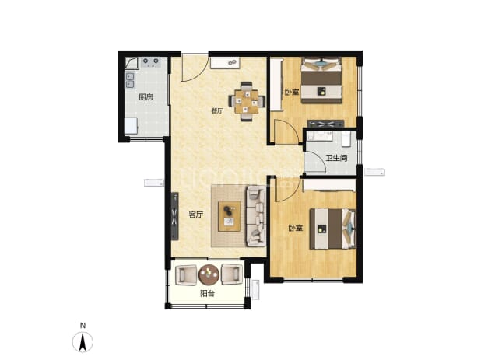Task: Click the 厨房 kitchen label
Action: tap(146, 97)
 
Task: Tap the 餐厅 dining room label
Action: tap(217, 110)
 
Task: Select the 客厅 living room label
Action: tap(195, 215)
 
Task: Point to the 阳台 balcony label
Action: tap(207, 293)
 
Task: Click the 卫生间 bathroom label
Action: tap(336, 158)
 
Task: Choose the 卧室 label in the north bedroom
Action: tap(292, 92)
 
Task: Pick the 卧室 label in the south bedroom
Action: tap(296, 228)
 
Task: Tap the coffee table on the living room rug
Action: tap(229, 216)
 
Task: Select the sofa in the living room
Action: tap(255, 216)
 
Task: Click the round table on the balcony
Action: tap(209, 274)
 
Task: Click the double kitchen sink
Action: tap(130, 80)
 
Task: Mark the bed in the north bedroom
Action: tap(321, 80)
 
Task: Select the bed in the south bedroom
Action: tap(332, 229)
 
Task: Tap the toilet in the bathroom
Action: tap(346, 139)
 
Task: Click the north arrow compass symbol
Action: tap(83, 341)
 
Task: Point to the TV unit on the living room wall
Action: tap(174, 216)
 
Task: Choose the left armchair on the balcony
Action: tap(186, 274)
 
